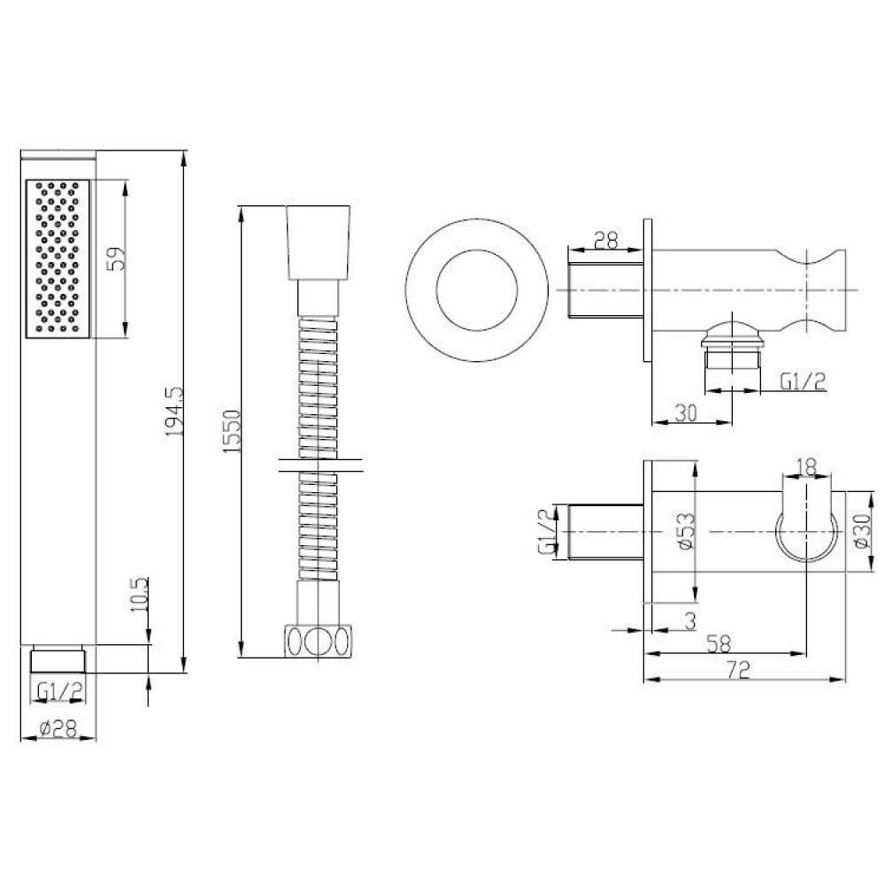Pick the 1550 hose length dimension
[x=233, y=431]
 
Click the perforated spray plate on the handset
[x=60, y=258]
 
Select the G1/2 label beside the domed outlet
[x=803, y=381]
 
